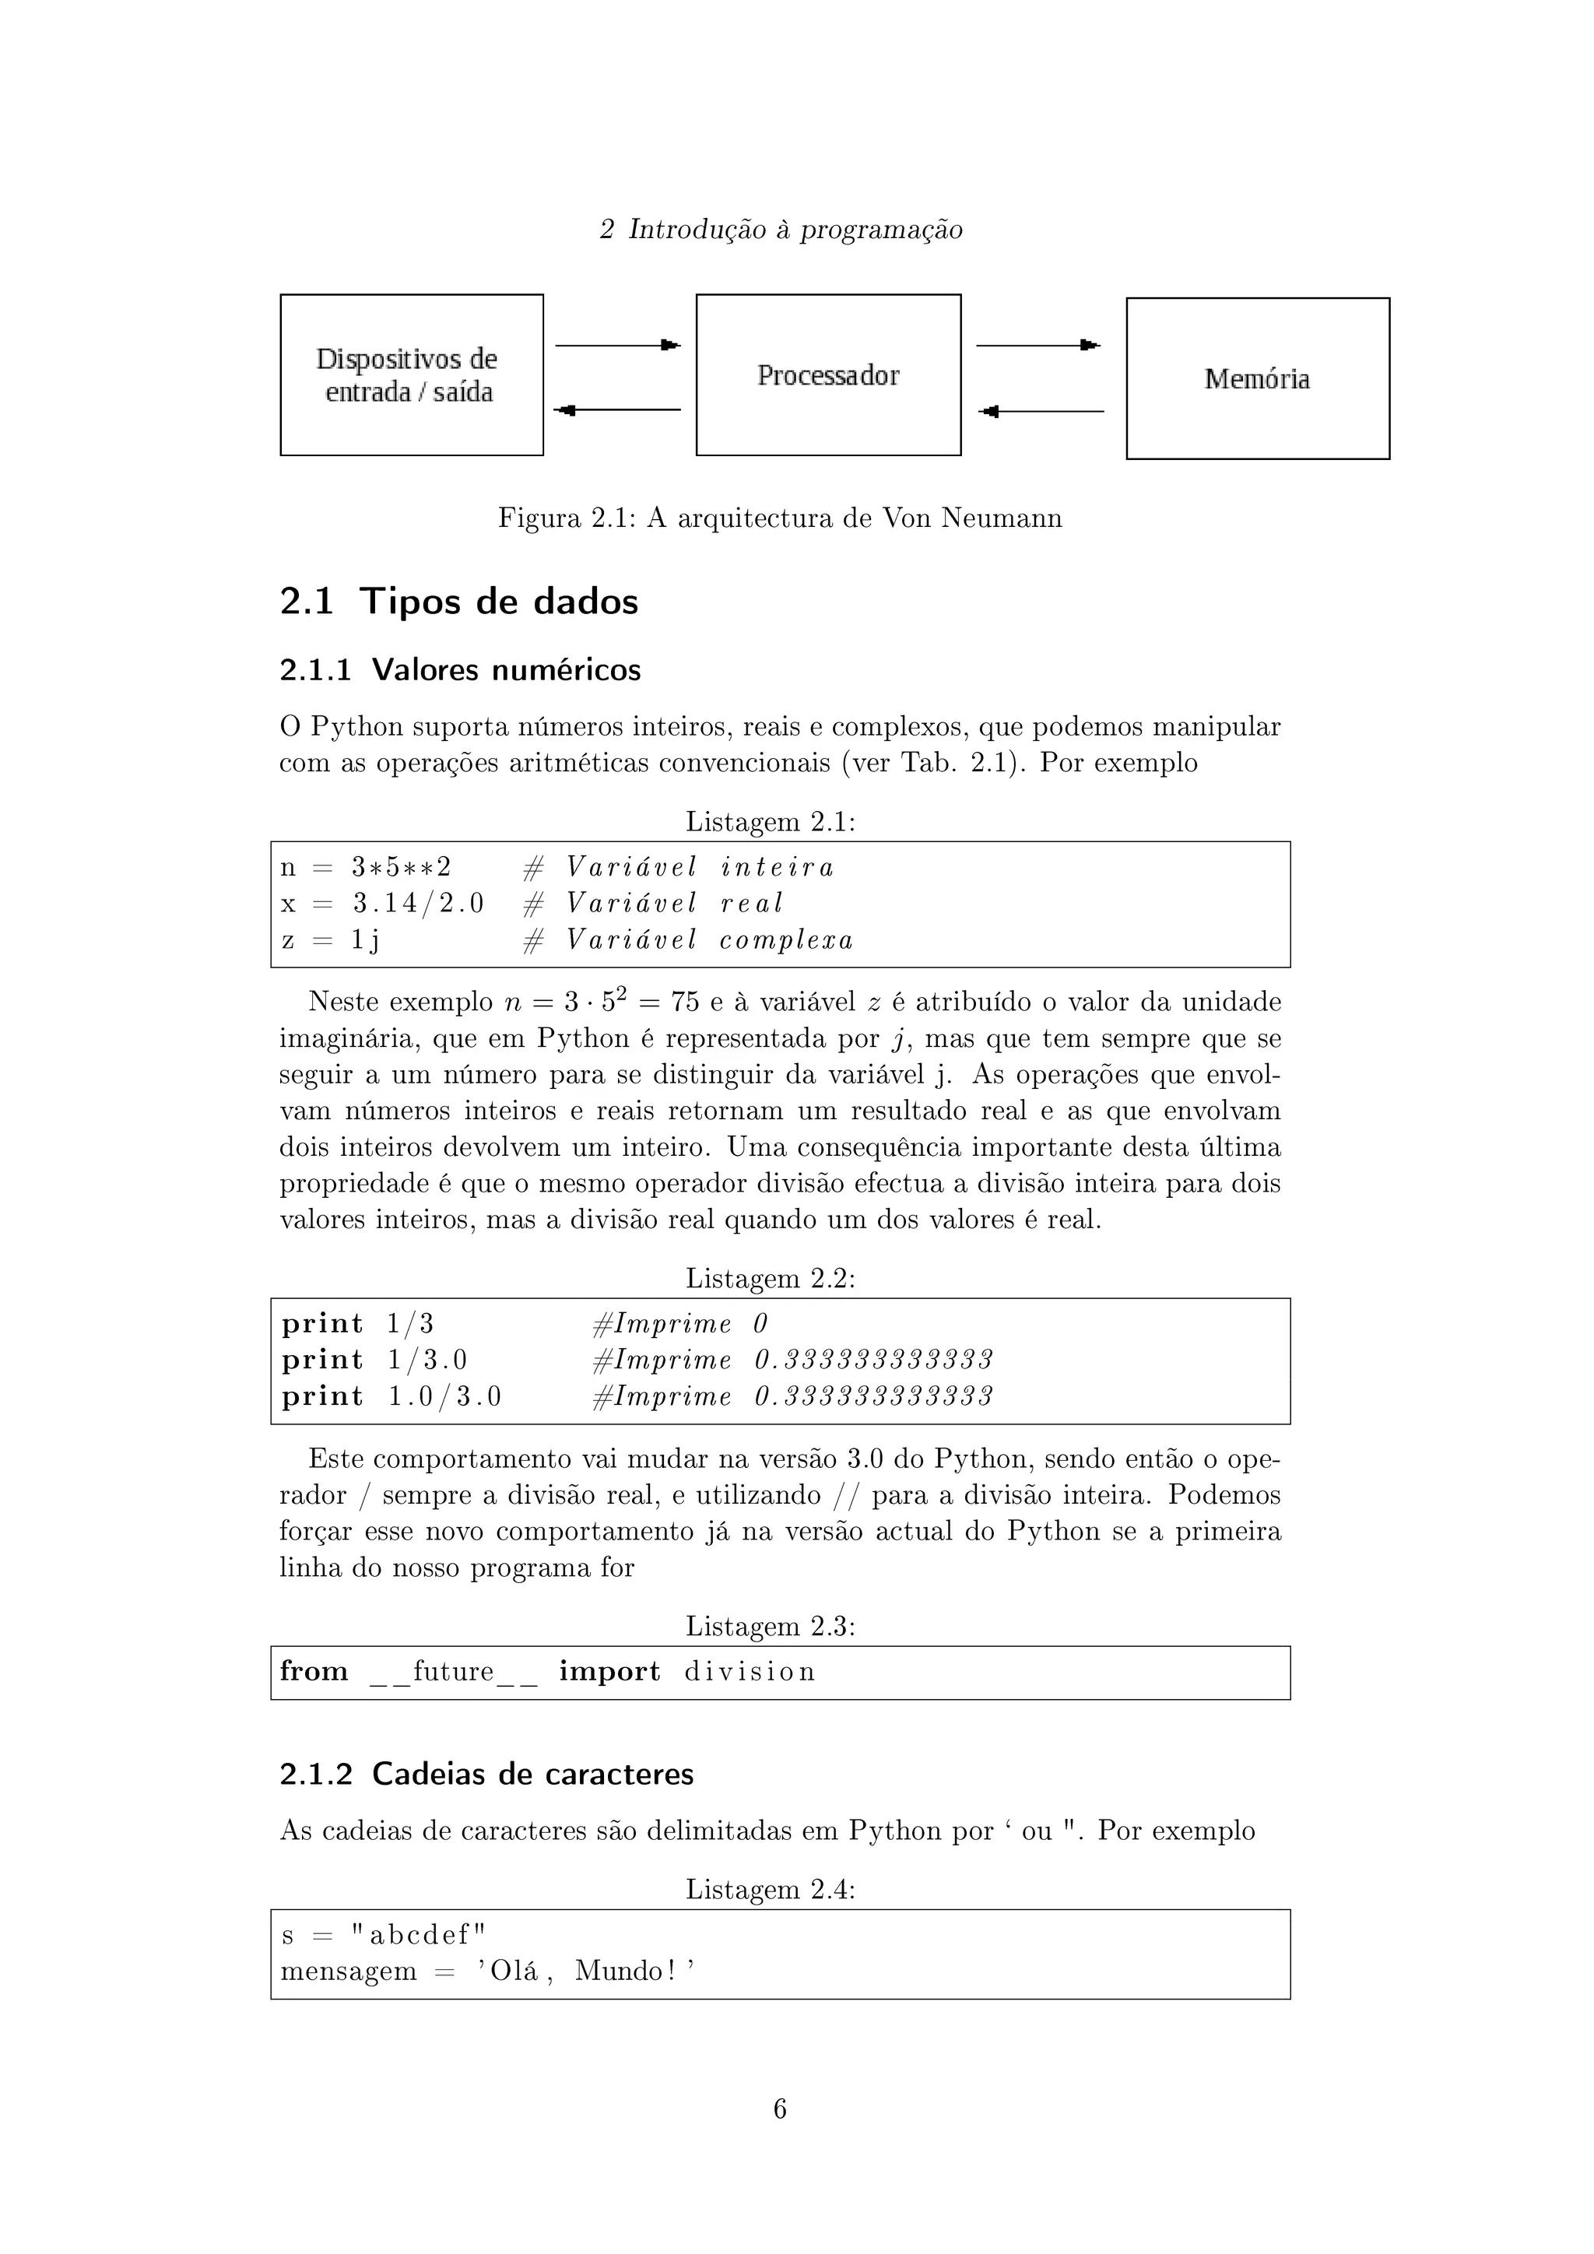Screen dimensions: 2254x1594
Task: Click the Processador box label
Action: (827, 376)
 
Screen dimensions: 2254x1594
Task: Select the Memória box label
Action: (1256, 379)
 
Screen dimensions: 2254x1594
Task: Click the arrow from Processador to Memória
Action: (1038, 346)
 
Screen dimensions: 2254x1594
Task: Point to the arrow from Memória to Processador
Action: (1041, 411)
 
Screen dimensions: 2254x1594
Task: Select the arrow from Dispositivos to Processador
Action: (617, 346)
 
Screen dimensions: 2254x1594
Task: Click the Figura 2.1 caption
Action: (779, 518)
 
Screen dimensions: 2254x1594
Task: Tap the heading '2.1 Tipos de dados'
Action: (458, 601)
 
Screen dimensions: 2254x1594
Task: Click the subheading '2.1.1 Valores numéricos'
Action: (459, 669)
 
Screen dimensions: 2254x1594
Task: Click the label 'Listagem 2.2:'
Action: (770, 1278)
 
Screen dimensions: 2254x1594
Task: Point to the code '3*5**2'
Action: (402, 868)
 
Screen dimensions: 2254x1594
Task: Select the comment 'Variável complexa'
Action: (709, 940)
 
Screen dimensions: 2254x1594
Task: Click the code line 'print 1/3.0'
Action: (374, 1360)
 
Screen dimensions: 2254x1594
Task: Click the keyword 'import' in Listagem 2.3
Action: (609, 1672)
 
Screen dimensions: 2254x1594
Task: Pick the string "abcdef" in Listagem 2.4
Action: (419, 1934)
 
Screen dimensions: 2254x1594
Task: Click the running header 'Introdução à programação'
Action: (795, 230)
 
